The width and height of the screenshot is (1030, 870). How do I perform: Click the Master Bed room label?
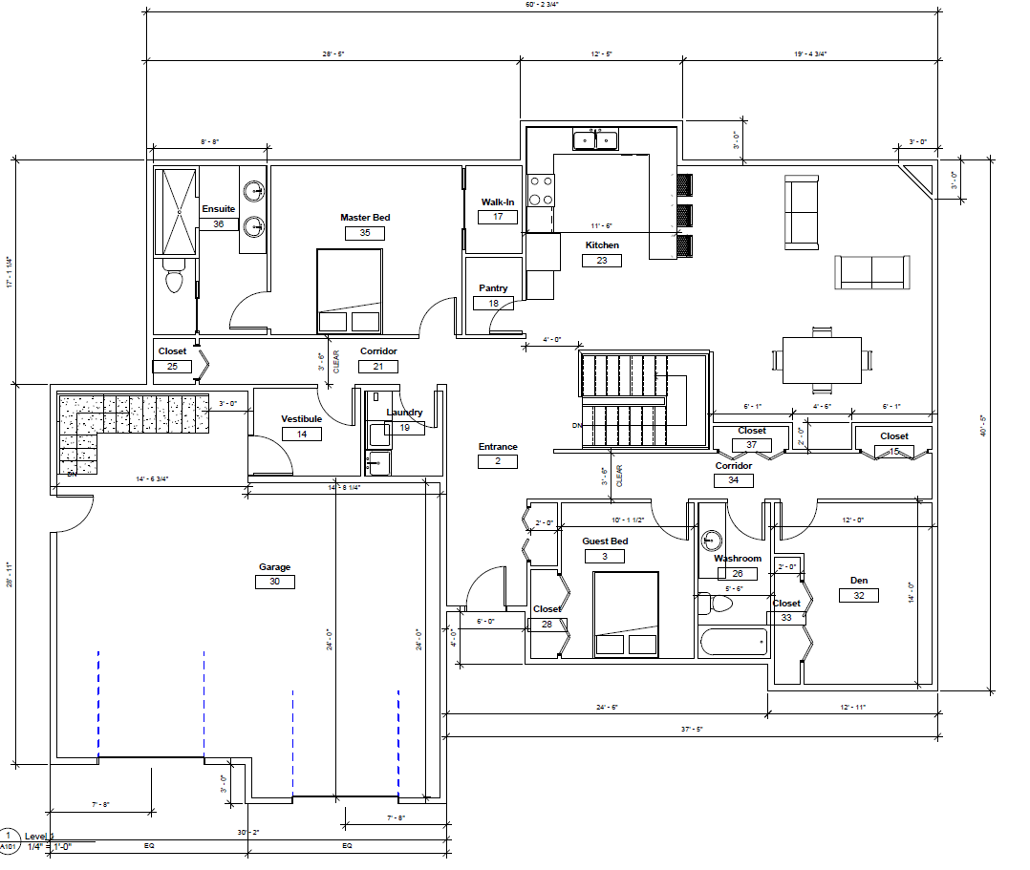[x=365, y=218]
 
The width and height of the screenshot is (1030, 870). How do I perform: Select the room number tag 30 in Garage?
[x=274, y=582]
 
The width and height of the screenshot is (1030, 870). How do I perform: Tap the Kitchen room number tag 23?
[x=601, y=260]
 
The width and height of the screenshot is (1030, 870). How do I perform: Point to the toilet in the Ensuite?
[x=174, y=277]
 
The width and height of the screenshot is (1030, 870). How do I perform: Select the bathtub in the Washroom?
[x=733, y=642]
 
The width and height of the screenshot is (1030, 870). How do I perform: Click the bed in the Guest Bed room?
[x=626, y=614]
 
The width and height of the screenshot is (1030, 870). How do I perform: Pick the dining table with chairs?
[x=821, y=359]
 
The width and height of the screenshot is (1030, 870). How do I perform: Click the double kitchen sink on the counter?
[x=594, y=141]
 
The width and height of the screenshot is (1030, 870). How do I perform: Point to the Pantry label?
[x=493, y=288]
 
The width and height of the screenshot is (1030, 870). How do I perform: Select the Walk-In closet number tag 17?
[x=498, y=217]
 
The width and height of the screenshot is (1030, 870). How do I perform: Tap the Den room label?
[x=858, y=581]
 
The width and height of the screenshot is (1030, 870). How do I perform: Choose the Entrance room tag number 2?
[x=498, y=461]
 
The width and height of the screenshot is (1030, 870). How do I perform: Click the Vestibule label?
[x=301, y=419]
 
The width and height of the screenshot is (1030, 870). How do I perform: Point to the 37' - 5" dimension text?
[x=691, y=730]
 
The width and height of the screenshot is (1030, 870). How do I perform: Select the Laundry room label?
[x=404, y=413]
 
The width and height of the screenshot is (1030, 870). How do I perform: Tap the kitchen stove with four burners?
[x=541, y=190]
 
